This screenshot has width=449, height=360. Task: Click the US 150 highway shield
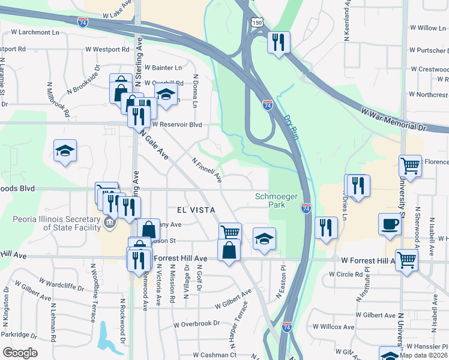(x=257, y=22)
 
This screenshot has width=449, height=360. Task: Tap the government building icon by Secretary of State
(x=110, y=224)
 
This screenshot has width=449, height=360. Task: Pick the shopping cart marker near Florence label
(x=410, y=164)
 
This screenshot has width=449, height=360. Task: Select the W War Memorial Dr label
(x=393, y=119)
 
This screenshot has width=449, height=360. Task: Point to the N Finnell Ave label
(x=207, y=170)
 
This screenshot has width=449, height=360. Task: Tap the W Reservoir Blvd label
(x=176, y=125)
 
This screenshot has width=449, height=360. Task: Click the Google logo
(x=20, y=352)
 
